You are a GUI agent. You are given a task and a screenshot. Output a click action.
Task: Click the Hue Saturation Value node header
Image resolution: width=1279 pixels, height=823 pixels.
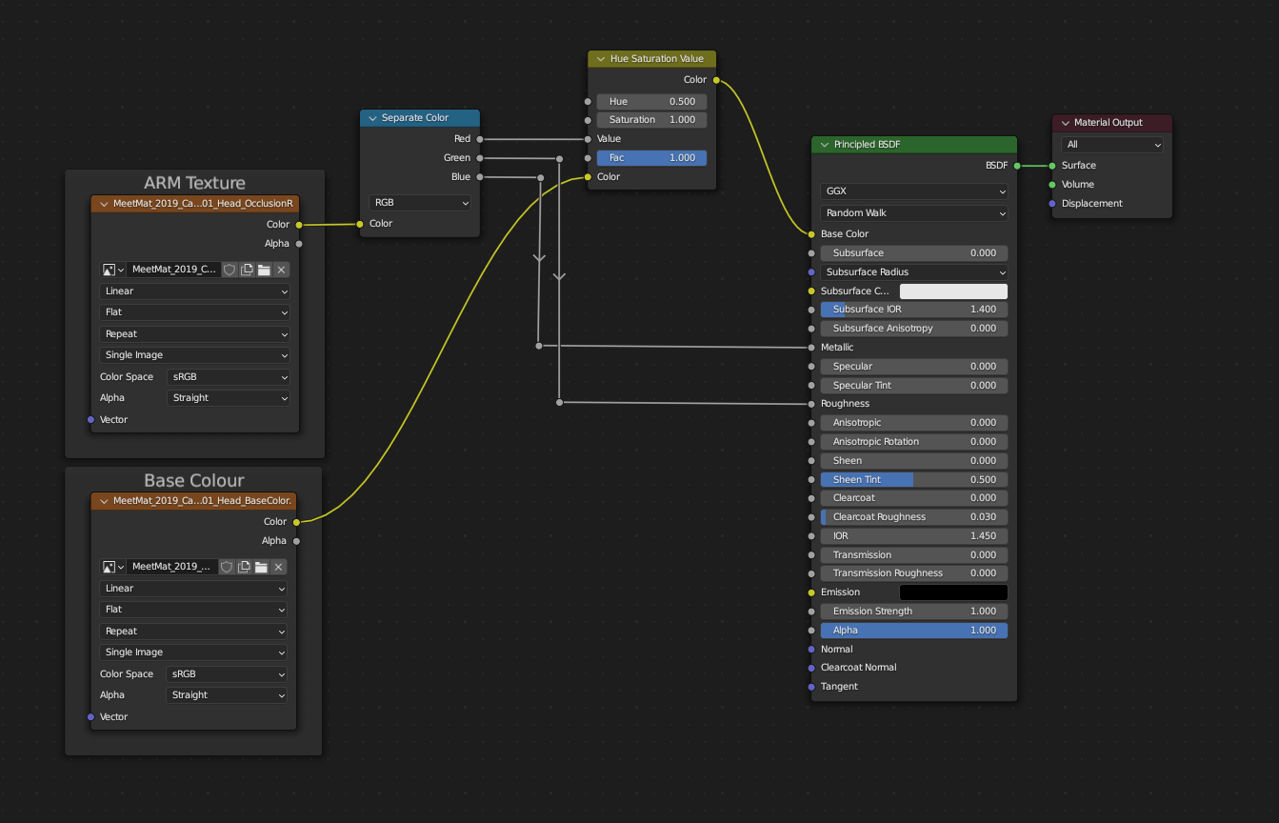656,59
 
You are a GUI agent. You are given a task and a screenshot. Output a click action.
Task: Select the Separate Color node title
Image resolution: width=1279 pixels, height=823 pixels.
415,118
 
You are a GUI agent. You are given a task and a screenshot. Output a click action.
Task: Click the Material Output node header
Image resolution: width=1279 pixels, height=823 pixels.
1108,123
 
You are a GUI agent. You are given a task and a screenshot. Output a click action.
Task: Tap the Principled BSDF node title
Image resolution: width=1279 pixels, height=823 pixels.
867,145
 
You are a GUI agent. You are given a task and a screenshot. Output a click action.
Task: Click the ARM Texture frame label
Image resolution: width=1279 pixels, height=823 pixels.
194,183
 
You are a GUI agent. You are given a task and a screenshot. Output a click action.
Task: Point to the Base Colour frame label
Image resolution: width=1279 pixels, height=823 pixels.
193,481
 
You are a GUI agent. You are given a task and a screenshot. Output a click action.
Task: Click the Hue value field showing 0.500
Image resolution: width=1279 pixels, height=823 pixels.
651,101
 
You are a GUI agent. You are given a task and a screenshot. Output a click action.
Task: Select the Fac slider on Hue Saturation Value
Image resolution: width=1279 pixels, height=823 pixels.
651,158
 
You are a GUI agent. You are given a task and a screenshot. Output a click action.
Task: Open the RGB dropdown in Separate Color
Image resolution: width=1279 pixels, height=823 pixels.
420,203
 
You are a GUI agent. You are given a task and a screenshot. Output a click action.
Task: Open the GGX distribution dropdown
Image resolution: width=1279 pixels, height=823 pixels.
913,191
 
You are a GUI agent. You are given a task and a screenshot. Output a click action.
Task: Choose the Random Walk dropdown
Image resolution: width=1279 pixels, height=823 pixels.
913,213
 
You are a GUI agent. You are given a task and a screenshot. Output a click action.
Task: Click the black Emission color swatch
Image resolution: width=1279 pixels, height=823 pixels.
953,592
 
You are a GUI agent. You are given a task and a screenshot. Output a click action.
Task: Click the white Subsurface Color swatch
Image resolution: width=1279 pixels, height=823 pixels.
953,291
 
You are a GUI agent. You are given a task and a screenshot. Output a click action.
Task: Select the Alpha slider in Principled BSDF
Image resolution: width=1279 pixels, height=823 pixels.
913,631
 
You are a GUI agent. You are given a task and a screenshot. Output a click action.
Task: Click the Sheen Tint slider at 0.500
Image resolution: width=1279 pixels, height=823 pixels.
913,480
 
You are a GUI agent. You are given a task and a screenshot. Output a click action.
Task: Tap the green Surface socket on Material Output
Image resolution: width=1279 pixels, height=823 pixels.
1052,166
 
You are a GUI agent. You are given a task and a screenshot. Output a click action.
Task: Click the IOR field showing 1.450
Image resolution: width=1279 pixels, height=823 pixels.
913,536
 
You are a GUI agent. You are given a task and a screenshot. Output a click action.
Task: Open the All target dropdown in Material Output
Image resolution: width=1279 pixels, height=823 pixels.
1111,145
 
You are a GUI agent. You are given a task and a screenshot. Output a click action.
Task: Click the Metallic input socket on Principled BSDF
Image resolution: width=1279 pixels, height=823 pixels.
811,348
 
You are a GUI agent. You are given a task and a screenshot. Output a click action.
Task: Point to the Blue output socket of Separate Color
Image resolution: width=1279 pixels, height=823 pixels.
479,177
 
